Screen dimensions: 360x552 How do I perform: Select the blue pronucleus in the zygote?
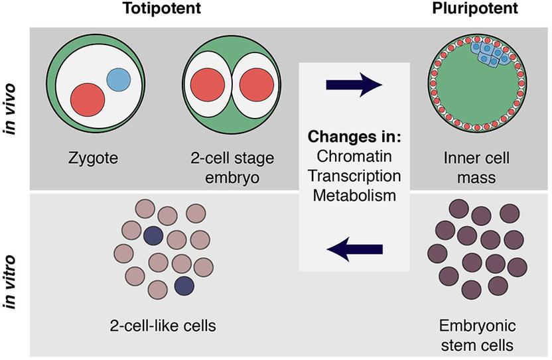tap(119, 80)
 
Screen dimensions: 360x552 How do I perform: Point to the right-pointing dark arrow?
tap(354, 85)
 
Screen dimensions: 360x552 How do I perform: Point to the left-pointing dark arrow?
tap(354, 249)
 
